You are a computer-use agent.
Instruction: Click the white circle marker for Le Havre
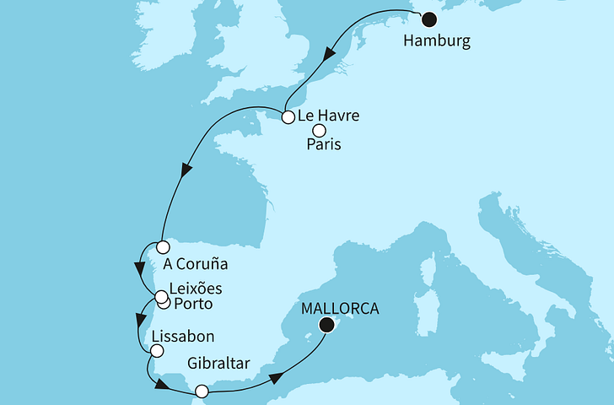(x=288, y=117)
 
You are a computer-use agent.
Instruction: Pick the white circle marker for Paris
(x=319, y=130)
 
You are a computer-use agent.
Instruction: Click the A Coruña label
(x=201, y=261)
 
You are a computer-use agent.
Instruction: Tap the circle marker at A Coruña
(x=162, y=248)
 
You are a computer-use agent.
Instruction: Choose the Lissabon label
(x=181, y=336)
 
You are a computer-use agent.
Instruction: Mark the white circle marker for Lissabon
(x=157, y=349)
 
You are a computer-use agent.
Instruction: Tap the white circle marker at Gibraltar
(x=201, y=391)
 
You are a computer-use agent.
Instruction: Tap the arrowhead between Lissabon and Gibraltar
(x=160, y=385)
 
